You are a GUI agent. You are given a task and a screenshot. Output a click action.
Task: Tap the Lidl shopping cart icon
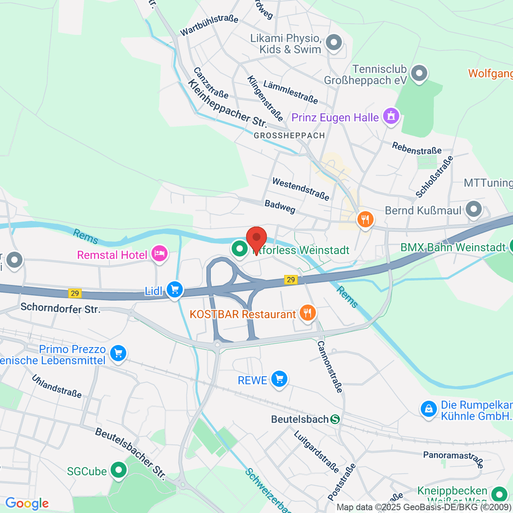point(174,290)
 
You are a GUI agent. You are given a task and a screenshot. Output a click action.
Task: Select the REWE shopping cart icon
point(280,379)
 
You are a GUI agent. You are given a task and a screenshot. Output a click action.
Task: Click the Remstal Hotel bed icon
point(159,254)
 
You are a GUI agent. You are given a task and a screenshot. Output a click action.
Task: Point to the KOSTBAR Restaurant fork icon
point(307,313)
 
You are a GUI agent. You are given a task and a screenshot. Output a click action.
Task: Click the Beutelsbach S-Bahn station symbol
point(335,419)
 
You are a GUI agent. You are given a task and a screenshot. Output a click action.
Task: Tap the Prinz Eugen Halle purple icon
point(391,116)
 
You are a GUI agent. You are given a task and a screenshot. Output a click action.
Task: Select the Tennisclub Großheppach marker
point(419,73)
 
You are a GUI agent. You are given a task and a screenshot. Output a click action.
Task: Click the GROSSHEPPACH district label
point(289,136)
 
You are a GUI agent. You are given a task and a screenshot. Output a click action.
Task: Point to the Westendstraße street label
point(301,189)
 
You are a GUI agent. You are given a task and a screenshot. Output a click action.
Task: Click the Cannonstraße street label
point(330,366)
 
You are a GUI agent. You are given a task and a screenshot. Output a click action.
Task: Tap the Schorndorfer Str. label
point(60,308)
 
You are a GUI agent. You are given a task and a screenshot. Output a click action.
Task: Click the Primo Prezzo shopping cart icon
point(118,354)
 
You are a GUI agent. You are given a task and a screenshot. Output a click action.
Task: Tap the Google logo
point(27,504)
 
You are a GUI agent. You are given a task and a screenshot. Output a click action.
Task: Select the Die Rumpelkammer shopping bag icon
point(428,409)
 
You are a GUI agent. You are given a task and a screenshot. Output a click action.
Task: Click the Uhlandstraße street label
point(56,386)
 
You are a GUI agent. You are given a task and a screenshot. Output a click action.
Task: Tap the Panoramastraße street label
point(453,457)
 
